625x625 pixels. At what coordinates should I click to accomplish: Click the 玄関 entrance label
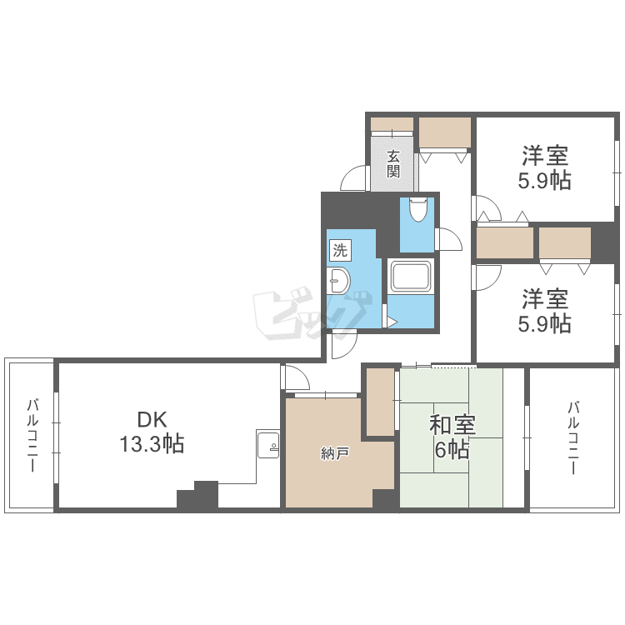[393, 163]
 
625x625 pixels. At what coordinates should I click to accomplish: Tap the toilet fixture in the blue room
[418, 209]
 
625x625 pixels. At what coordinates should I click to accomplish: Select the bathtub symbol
[411, 276]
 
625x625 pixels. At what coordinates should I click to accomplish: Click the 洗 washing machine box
[340, 250]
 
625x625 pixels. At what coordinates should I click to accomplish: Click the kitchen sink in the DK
[267, 444]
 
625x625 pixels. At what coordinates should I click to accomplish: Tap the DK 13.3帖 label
[152, 432]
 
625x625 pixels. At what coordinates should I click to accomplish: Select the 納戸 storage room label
[335, 453]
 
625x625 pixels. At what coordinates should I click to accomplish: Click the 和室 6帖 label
[452, 437]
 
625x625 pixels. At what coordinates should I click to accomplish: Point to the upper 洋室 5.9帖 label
[544, 167]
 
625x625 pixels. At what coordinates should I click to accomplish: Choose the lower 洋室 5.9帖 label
[544, 311]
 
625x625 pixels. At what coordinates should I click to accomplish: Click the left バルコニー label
[32, 435]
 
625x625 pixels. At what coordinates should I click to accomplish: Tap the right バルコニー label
[573, 438]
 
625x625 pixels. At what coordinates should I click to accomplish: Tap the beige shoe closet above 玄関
[392, 124]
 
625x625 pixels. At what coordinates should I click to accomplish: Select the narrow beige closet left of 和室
[380, 402]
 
